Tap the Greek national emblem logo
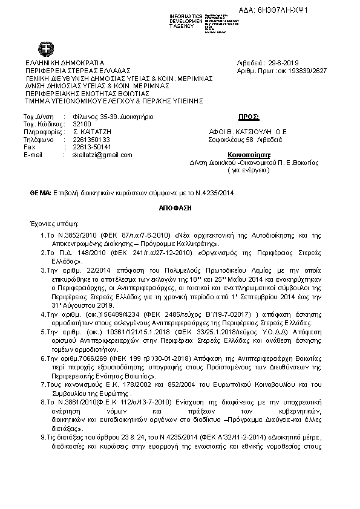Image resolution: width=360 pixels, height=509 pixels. click(x=45, y=49)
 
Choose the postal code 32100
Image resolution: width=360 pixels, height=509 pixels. click(x=73, y=123)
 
